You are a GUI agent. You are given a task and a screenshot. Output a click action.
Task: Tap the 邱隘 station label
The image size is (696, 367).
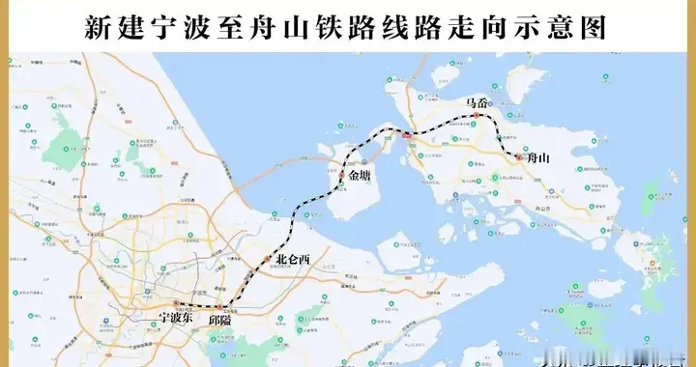pyautogui.click(x=221, y=321)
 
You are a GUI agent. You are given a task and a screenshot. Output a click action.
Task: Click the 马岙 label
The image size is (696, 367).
pyautogui.click(x=477, y=101)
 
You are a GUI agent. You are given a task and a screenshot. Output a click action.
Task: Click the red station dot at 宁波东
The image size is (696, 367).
pyautogui.click(x=177, y=304)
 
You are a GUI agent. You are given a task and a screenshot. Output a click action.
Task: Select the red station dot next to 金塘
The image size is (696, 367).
pyautogui.click(x=341, y=177)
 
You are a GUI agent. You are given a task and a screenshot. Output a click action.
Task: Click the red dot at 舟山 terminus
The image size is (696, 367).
pyautogui.click(x=518, y=156)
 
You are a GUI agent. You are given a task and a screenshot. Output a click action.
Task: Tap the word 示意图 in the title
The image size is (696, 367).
pyautogui.click(x=570, y=26)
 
